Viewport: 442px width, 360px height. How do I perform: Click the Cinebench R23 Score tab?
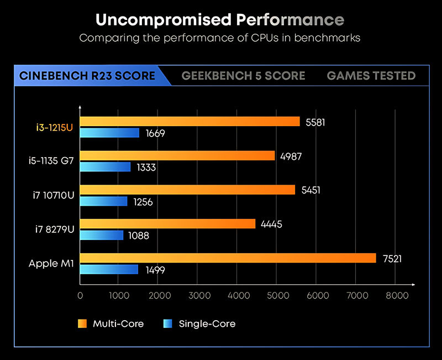[87, 76]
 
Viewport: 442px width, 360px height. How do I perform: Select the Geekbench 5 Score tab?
[243, 76]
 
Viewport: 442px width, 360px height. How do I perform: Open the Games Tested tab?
[371, 76]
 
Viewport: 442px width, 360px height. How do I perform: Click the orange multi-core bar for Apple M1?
[228, 258]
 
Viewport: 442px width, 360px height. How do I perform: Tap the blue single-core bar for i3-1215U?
[109, 133]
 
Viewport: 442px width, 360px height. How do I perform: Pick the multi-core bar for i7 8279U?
[167, 224]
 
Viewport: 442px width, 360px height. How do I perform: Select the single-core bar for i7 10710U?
[103, 201]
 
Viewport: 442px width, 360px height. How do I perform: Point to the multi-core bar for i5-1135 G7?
[177, 155]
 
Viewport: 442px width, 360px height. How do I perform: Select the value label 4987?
[291, 156]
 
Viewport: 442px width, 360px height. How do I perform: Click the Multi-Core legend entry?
[111, 324]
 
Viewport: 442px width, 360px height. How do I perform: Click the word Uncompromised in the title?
[163, 20]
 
